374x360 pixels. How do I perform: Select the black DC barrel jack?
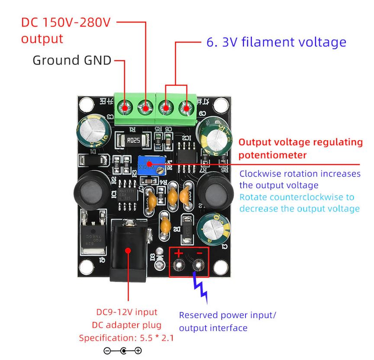128,251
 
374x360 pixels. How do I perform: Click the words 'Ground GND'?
72,60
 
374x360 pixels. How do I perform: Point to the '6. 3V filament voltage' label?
276,42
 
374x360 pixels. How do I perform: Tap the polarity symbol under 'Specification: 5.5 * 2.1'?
126,350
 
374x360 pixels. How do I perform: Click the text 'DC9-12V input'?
126,312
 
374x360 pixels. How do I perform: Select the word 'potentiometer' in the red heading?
273,154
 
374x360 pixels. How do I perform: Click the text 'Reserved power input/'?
227,315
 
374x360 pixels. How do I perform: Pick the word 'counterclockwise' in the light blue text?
307,197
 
